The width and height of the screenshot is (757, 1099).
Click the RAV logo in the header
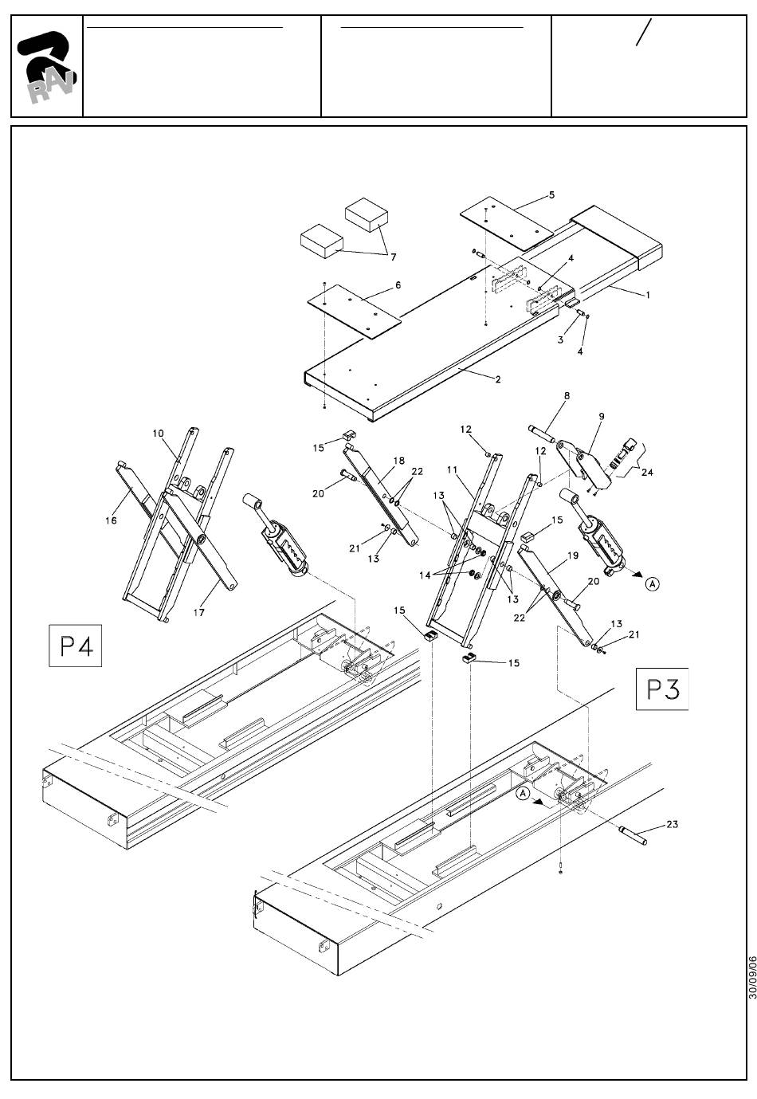click(46, 67)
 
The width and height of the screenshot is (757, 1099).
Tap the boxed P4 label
click(75, 646)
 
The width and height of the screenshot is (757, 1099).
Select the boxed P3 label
click(662, 689)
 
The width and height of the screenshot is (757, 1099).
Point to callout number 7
click(393, 257)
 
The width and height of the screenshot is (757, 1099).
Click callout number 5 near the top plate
click(551, 194)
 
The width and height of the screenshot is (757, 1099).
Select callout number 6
click(398, 285)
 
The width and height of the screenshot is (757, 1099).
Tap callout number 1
click(648, 295)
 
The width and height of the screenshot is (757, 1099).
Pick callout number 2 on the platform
click(498, 379)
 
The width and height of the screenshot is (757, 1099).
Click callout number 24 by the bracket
click(647, 472)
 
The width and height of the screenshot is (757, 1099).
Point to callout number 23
click(672, 824)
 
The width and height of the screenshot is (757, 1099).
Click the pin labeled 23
click(633, 835)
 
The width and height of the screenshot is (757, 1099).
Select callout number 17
click(198, 612)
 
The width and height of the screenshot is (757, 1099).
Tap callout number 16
click(111, 520)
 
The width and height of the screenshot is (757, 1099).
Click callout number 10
click(158, 434)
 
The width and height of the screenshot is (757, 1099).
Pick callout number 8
click(567, 395)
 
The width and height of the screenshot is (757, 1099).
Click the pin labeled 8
click(542, 434)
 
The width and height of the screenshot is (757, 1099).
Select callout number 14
click(425, 575)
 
